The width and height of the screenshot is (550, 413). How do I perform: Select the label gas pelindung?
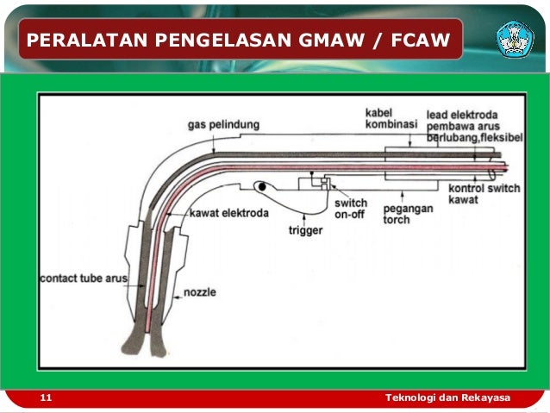pos(223,125)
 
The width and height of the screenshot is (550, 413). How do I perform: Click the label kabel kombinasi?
pos(391,119)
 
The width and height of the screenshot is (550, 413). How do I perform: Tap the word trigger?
pos(305,231)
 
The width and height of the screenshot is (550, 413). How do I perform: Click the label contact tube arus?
pos(84,278)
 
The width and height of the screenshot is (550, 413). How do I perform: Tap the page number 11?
pos(46,397)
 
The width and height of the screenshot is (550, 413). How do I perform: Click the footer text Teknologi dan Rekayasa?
pos(447,397)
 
